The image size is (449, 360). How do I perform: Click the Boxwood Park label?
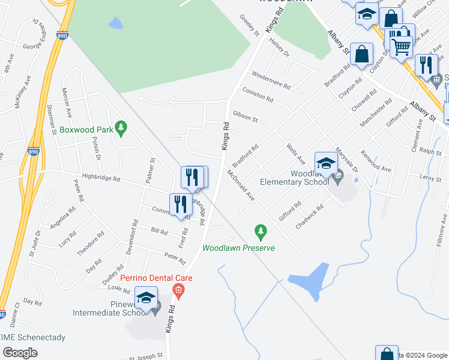tap(83, 129)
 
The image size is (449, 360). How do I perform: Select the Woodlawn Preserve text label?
tap(238, 248)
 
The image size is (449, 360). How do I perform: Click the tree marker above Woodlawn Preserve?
tap(260, 230)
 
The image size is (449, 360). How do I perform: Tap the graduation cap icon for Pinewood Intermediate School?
tap(145, 297)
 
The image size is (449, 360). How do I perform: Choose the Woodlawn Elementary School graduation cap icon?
tap(326, 163)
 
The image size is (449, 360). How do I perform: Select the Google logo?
tap(20, 352)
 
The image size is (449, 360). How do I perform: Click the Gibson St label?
tap(245, 116)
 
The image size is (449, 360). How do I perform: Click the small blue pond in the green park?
tap(115, 23)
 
